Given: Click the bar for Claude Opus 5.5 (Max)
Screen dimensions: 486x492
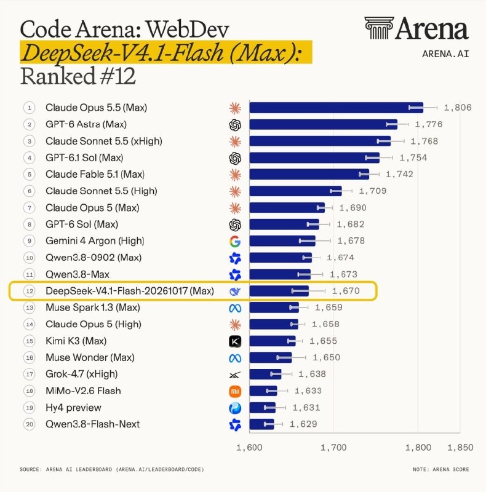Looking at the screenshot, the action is [337, 108].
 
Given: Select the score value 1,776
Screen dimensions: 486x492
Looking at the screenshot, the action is [429, 124].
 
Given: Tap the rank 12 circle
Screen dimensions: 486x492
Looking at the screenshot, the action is [30, 291].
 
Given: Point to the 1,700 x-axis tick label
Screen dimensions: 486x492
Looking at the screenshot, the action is [333, 448].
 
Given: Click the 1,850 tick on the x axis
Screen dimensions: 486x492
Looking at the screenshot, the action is [460, 448].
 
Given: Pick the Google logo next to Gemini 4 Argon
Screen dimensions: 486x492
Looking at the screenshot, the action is [235, 241].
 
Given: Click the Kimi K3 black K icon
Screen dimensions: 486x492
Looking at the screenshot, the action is [235, 341].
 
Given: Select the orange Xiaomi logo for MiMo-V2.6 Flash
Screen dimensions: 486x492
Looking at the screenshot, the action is [235, 391].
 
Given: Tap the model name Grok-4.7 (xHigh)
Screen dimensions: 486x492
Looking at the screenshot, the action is [82, 374].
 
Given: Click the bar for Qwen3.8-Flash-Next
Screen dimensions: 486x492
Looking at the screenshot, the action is [262, 424].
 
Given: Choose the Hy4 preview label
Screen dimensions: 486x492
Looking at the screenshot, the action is [73, 408].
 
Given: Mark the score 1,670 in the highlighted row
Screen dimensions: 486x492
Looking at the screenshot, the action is [346, 291].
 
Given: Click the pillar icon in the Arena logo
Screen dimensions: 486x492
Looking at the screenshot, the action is [379, 28].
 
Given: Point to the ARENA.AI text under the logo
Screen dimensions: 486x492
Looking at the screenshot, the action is [445, 54].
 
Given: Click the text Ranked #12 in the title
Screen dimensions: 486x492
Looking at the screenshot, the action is [78, 76].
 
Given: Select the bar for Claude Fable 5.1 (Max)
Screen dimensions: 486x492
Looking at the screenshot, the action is [309, 174].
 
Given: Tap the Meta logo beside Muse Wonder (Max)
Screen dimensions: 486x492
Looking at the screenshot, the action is [235, 358].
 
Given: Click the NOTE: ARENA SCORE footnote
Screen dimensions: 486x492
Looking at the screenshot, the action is [441, 469].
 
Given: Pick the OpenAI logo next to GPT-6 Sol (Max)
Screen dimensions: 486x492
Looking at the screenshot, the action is [235, 224].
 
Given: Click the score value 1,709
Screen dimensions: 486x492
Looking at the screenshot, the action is [373, 191].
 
